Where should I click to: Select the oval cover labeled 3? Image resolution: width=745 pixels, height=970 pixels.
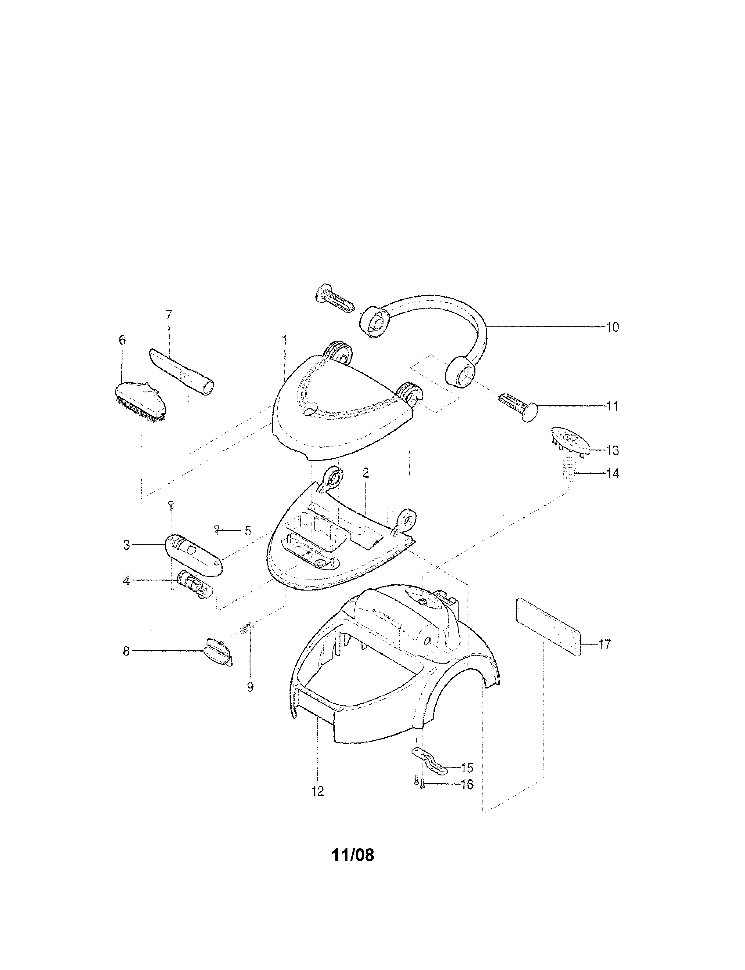pos(194,555)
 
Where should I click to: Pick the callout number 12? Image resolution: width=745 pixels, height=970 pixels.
pos(317,791)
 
